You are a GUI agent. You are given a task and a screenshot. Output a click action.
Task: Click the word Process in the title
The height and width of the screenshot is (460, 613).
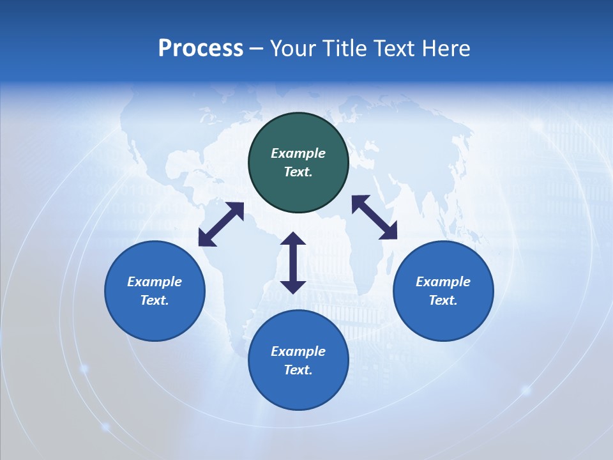[x=201, y=49]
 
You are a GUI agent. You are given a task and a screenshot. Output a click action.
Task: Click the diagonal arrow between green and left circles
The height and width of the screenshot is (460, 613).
[x=221, y=224]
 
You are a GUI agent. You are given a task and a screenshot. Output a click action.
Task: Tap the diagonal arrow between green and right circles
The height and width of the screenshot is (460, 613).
[x=374, y=217]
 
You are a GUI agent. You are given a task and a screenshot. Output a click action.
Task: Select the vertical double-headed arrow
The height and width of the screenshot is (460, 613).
[x=293, y=263]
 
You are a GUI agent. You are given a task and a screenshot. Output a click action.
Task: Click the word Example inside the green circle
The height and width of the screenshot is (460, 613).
[x=298, y=153]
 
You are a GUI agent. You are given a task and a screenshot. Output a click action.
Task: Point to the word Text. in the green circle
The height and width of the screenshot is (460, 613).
[x=298, y=172]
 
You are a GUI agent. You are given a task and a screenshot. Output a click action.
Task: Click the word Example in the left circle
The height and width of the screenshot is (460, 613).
[x=155, y=282]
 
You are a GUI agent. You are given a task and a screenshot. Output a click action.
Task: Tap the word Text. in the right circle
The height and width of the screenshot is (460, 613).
[x=443, y=300]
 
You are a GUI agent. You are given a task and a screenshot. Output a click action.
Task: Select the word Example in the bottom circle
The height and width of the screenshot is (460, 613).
[x=298, y=351]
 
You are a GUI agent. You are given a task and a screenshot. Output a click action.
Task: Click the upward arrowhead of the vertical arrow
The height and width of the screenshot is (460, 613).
[x=293, y=239]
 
